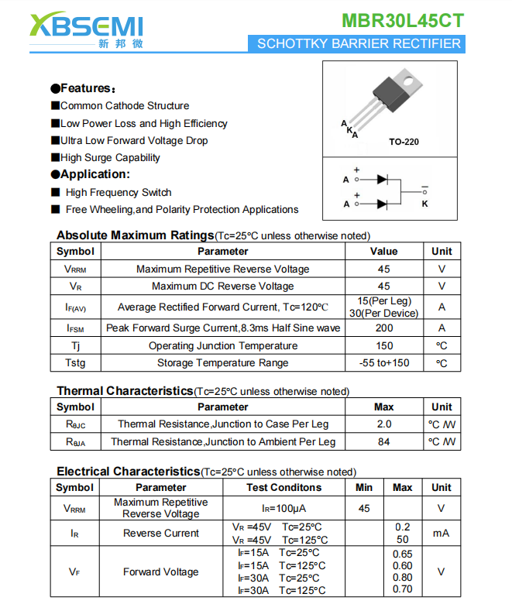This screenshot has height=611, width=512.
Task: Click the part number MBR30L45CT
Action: point(403,20)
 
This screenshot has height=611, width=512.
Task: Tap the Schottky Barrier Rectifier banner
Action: point(358,44)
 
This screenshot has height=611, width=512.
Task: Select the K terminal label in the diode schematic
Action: point(424,204)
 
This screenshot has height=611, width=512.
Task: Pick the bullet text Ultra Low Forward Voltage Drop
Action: point(133,140)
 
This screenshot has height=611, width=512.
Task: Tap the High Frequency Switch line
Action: point(119,192)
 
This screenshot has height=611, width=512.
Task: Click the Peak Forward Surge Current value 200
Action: point(383,328)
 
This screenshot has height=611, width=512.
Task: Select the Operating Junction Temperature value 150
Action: point(383,345)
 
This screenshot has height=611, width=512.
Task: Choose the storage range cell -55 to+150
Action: point(383,362)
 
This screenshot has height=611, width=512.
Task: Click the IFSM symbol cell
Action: point(76,328)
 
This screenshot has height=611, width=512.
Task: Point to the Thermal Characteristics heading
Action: point(124,391)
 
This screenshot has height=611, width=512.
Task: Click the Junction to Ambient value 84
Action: point(383,441)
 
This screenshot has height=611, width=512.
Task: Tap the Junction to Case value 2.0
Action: point(383,424)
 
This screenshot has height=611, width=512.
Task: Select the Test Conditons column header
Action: point(283,487)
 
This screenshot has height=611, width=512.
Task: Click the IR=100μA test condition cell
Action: point(283,508)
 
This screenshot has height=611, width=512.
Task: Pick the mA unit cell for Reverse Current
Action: point(441,533)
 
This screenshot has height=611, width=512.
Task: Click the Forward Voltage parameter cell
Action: point(160,572)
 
